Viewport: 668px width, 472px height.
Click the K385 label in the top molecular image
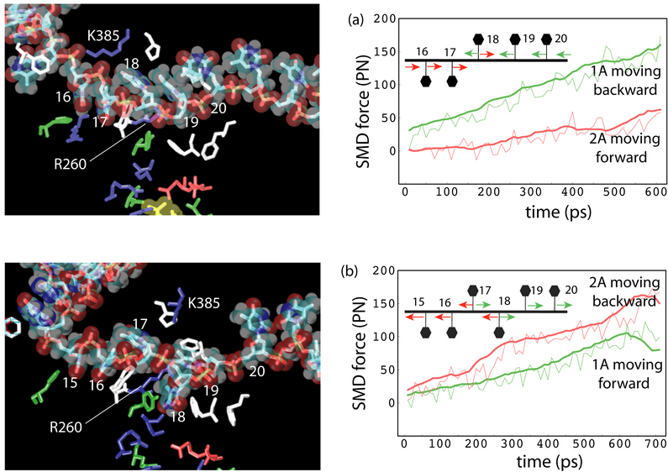click(104, 37)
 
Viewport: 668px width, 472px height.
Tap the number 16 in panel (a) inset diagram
click(422, 50)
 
